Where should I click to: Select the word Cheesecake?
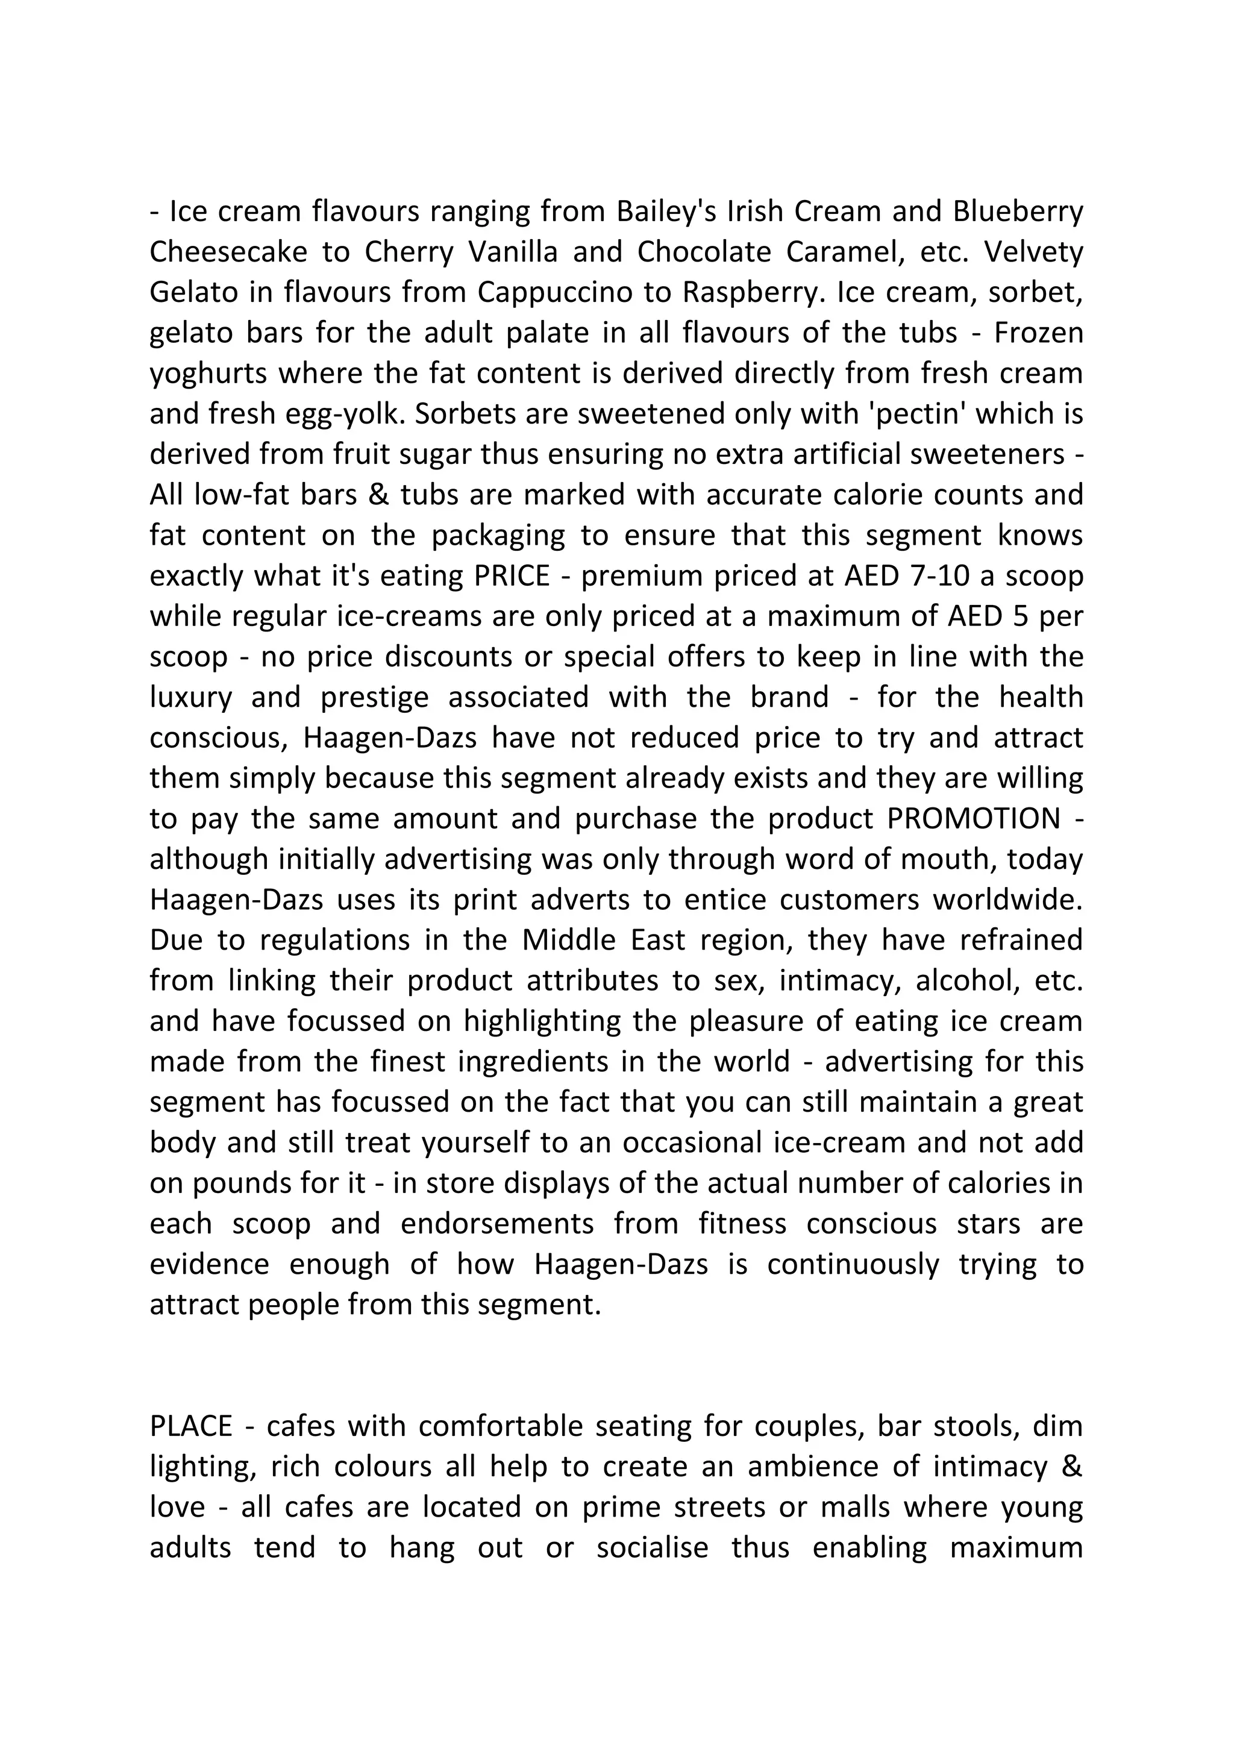tap(228, 251)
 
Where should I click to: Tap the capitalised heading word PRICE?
tap(512, 576)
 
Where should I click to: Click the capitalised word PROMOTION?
tap(973, 818)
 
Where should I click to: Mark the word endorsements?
tap(497, 1224)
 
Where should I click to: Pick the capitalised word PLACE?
tap(191, 1427)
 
